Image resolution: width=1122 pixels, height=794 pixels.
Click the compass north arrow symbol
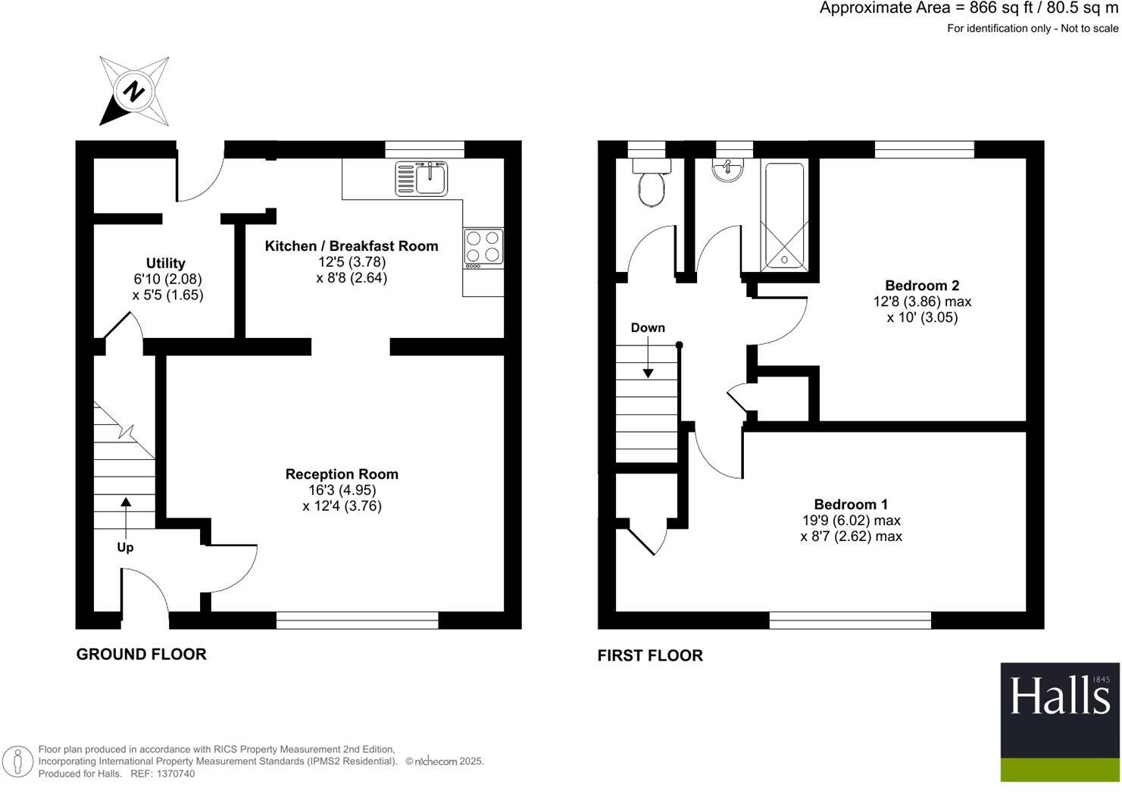pos(134,92)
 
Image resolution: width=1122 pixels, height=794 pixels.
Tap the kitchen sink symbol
pos(421,179)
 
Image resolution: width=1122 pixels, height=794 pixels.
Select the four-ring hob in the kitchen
pos(483,246)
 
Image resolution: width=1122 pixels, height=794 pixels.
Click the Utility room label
pos(165,263)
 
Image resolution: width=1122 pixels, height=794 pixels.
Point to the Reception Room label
pos(342,474)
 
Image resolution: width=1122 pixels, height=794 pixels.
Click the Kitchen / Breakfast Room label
pos(352,246)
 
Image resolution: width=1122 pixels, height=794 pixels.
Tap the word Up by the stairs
pos(125,547)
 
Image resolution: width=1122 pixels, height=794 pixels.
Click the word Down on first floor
pos(648,327)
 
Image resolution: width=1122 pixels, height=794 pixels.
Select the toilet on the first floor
pos(651,186)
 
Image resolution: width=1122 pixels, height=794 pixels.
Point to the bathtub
pos(785,216)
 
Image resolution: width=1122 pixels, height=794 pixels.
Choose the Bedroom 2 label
pos(922,286)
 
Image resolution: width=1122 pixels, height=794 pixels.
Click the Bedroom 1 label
pos(851,505)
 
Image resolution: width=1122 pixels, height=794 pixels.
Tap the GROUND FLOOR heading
pos(141,655)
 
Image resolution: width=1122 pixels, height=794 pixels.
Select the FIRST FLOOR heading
pos(650,656)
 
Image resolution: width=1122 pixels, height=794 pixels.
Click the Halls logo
pos(1059,722)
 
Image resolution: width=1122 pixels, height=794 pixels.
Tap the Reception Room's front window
pos(357,621)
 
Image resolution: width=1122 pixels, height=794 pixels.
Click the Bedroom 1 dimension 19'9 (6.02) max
pos(851,520)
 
